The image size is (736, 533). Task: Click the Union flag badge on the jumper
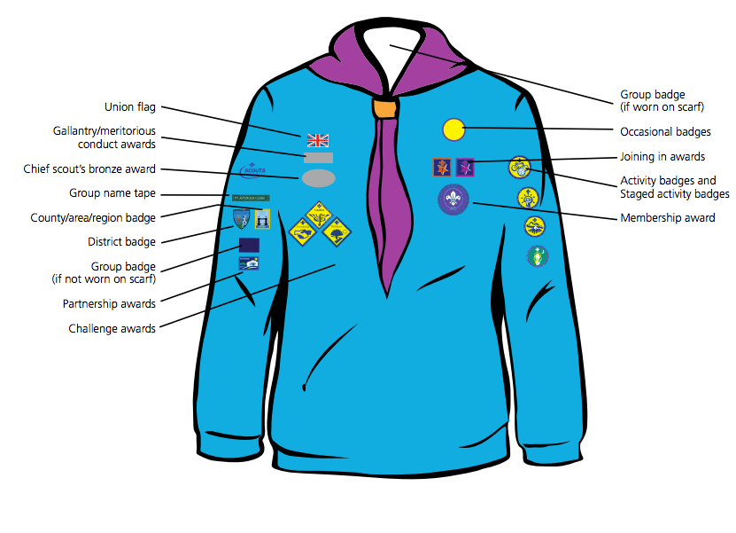click(x=318, y=140)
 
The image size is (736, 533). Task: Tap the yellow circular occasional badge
click(x=453, y=129)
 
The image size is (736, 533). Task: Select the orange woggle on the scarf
click(x=385, y=108)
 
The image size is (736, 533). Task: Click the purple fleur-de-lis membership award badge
click(x=453, y=200)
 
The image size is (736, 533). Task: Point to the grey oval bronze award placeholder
click(x=318, y=178)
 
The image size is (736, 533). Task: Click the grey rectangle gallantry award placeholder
click(x=318, y=158)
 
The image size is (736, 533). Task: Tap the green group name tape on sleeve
click(x=251, y=198)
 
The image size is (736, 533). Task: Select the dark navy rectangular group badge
click(x=249, y=245)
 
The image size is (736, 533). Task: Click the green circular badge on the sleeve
click(x=538, y=256)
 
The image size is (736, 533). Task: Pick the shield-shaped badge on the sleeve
click(x=241, y=219)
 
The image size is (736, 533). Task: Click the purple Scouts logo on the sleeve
click(x=253, y=169)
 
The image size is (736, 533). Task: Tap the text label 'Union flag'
click(x=130, y=107)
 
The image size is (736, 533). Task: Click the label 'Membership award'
click(x=668, y=217)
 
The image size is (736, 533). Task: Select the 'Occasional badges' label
click(x=665, y=131)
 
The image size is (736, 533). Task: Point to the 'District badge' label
click(x=121, y=241)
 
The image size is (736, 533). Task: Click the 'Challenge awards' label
click(x=112, y=328)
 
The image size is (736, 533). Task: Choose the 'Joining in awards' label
click(x=662, y=156)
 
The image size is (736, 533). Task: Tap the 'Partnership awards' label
click(x=109, y=303)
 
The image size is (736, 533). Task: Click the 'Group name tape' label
click(x=112, y=193)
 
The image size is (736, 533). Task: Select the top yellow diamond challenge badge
click(x=319, y=215)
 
